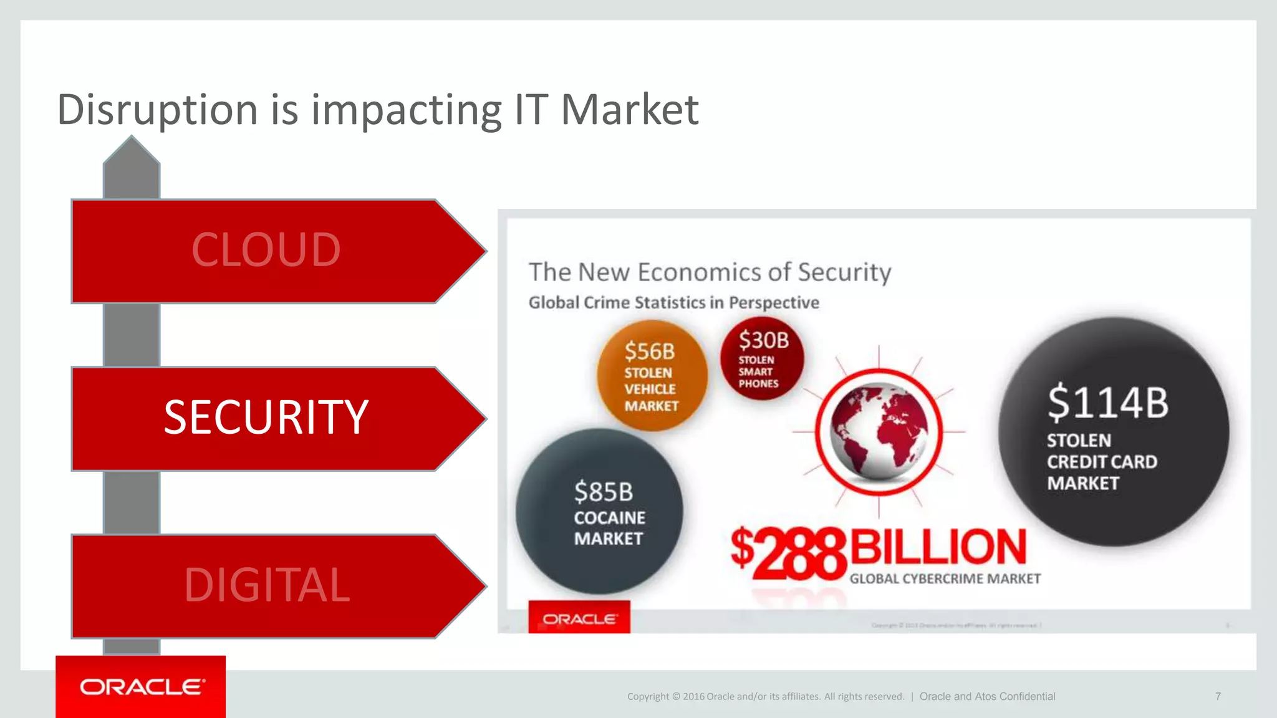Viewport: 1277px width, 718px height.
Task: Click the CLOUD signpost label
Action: coord(266,250)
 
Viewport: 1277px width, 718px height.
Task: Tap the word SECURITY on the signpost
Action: coord(266,417)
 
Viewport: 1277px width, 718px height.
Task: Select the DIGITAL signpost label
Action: coord(267,585)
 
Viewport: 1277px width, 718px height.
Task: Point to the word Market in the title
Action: coord(630,110)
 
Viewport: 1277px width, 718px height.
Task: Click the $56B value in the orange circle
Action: coord(650,352)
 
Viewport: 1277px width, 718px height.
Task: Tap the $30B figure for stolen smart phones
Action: coord(763,340)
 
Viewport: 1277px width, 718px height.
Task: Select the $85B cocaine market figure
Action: coord(603,492)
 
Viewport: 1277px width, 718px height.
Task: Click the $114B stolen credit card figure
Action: coord(1107,403)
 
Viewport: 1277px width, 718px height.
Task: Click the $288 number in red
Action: coord(788,552)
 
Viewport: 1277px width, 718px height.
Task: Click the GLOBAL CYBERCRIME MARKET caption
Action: coord(945,579)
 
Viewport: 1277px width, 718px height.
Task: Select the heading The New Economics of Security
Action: coord(710,272)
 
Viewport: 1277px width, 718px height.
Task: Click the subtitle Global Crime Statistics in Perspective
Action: coord(673,303)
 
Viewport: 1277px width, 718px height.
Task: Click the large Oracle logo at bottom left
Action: coord(141,687)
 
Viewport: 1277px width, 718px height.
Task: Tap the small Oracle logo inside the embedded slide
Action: coord(579,618)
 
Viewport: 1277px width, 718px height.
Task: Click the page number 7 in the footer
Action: coord(1218,696)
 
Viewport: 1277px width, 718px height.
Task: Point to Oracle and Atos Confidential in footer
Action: coord(987,696)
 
